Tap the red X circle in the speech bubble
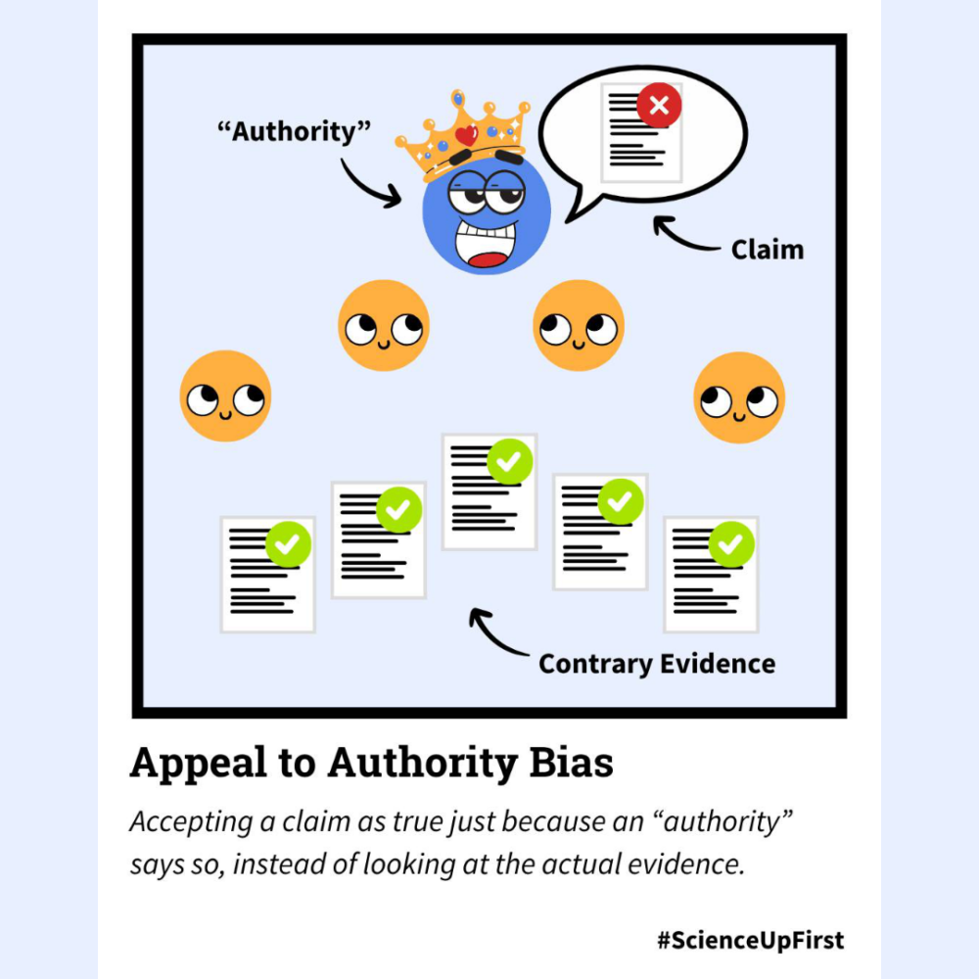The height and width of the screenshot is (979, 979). (x=659, y=106)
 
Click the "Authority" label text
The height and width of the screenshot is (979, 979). (x=294, y=130)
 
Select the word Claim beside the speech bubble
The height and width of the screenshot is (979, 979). (x=768, y=250)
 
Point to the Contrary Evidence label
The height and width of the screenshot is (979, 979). (x=657, y=664)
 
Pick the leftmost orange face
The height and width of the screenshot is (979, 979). (x=225, y=396)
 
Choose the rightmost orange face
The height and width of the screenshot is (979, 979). (x=739, y=397)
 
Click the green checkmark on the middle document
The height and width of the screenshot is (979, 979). (x=509, y=461)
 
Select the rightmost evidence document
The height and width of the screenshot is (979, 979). (x=710, y=578)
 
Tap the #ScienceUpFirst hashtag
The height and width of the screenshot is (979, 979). (x=750, y=941)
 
